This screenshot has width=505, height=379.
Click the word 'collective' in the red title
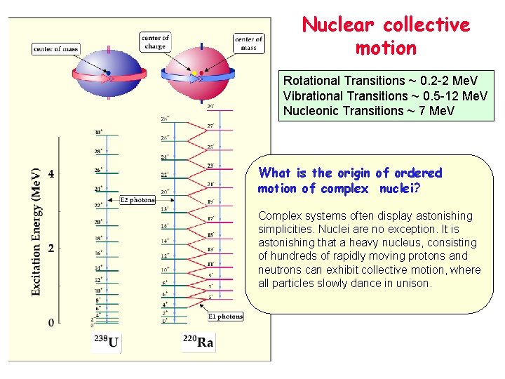pyautogui.click(x=426, y=25)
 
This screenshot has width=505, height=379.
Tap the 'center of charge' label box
pyautogui.click(x=155, y=41)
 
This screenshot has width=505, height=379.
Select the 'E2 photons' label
pyautogui.click(x=137, y=200)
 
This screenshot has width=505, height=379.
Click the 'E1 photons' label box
pyautogui.click(x=226, y=317)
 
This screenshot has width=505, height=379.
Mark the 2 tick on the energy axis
pyautogui.click(x=50, y=248)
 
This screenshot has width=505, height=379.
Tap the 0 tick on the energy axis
pyautogui.click(x=50, y=323)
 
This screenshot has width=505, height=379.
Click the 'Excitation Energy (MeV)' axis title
pyautogui.click(x=36, y=231)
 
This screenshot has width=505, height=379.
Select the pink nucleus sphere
pyautogui.click(x=201, y=77)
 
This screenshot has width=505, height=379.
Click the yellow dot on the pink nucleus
pyautogui.click(x=194, y=73)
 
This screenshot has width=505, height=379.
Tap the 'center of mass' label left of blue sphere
pyautogui.click(x=55, y=49)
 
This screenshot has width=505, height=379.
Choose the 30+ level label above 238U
pyautogui.click(x=98, y=132)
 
